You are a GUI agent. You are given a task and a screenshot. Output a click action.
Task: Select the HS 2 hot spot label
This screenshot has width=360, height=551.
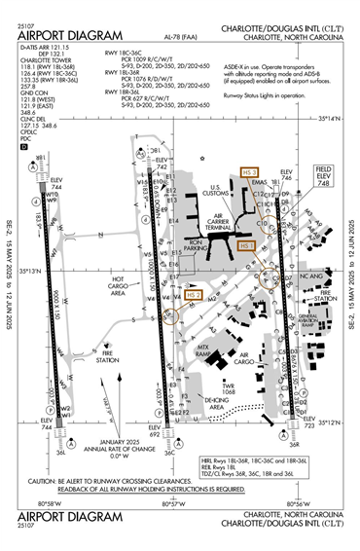tap(193, 295)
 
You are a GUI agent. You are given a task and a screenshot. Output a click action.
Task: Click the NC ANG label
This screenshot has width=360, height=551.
tap(310, 276)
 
